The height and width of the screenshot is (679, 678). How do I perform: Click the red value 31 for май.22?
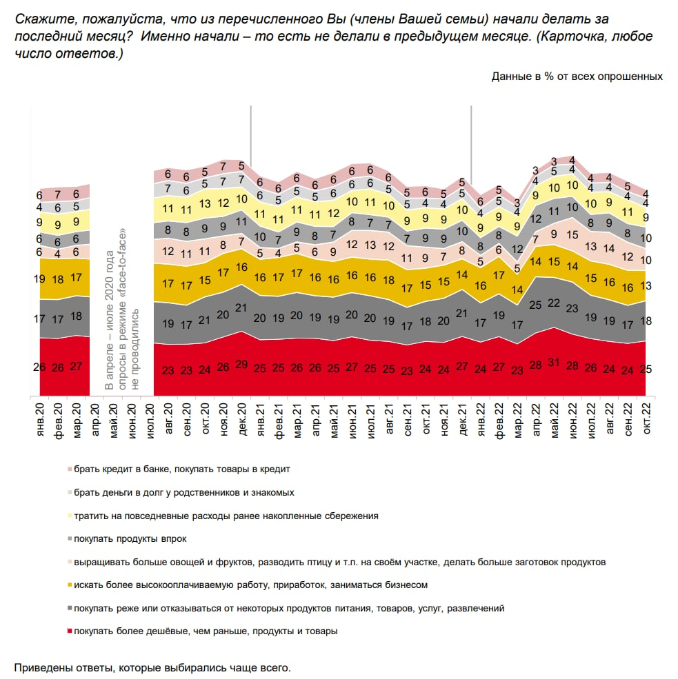pyautogui.click(x=554, y=369)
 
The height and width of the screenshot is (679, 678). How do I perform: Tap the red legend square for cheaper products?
pyautogui.click(x=69, y=631)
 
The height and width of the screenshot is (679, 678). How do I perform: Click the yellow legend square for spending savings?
pyautogui.click(x=69, y=516)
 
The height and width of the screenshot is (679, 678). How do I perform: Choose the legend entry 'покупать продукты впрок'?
pyautogui.click(x=130, y=538)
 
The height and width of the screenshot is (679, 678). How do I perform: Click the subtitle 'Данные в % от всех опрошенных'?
pyautogui.click(x=577, y=76)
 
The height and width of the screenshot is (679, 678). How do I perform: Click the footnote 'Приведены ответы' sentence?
pyautogui.click(x=152, y=668)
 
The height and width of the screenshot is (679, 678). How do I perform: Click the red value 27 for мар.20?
pyautogui.click(x=77, y=367)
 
